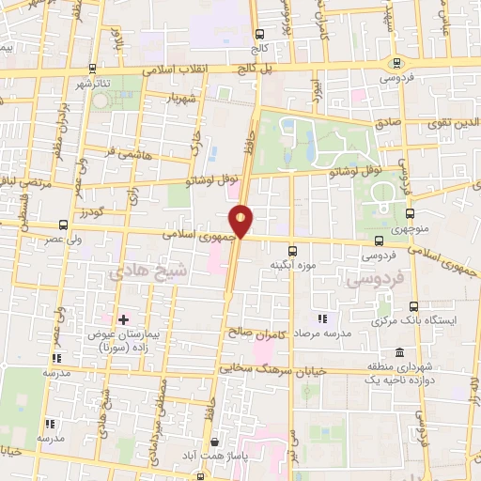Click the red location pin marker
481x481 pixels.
[241, 222]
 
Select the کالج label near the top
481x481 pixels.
[259, 46]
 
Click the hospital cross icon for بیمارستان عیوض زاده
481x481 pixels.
[122, 320]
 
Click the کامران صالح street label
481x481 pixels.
[256, 332]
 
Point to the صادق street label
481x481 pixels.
[389, 123]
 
